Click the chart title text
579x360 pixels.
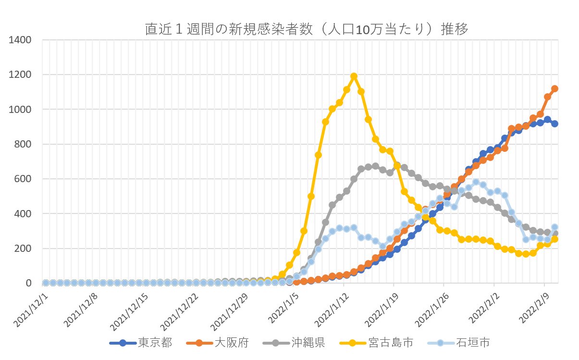coord(307,29)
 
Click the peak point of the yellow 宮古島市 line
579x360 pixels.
coord(354,76)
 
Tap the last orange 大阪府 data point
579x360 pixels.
coord(554,88)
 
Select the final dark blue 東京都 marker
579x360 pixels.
coord(554,124)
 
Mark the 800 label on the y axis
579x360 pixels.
coord(24,144)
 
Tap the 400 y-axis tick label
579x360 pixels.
coord(24,214)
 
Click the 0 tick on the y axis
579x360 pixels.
coord(29,284)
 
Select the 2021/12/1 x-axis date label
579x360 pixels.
coord(31,305)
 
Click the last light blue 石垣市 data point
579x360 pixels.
coord(554,227)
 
